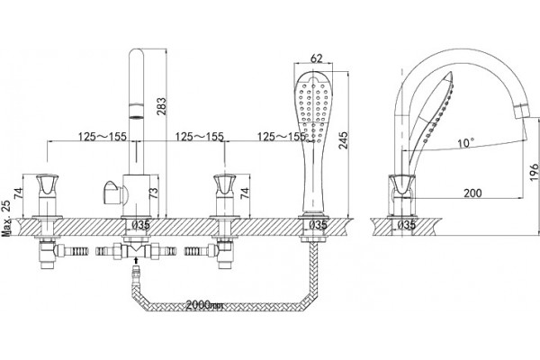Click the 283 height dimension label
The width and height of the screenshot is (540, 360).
161,106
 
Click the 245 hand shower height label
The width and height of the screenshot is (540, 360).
344,140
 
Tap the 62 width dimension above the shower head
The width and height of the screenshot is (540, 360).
316,58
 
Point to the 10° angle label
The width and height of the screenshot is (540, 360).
466,142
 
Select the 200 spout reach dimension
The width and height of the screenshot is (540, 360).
472,193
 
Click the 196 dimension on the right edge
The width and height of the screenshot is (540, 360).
534,172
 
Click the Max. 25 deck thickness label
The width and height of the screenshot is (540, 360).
6,218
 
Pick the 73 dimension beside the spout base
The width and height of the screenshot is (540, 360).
155,193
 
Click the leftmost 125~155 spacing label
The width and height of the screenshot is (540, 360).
103,137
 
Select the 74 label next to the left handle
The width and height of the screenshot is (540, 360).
18,193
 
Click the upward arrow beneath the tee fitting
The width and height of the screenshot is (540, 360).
137,260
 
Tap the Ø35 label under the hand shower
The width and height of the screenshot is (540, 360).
317,225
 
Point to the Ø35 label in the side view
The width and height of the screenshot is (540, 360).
406,225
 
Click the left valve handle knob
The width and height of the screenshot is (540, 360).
47,184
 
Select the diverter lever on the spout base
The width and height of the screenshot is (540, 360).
112,193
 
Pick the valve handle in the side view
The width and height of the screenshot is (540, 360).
402,185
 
